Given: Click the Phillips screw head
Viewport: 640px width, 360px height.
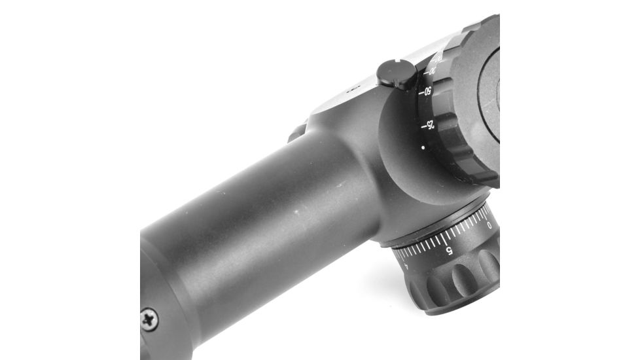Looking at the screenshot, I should click(x=150, y=320).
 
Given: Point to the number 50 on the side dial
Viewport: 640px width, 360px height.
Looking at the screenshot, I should click(x=427, y=91).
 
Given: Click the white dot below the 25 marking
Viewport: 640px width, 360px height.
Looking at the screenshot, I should click(x=423, y=148).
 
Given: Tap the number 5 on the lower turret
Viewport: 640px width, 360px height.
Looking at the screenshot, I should click(x=448, y=250).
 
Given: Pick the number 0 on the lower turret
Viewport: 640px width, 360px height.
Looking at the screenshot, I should click(x=489, y=225).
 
